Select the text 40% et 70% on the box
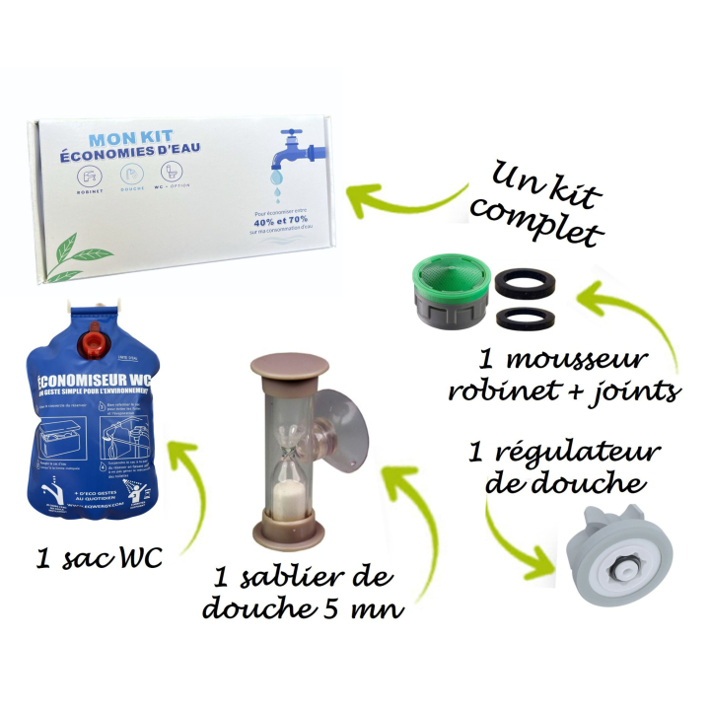click(x=268, y=222)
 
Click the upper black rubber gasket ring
click(x=523, y=284)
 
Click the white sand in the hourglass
click(x=289, y=490)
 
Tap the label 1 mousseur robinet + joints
click(x=562, y=376)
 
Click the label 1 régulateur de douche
click(x=565, y=468)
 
